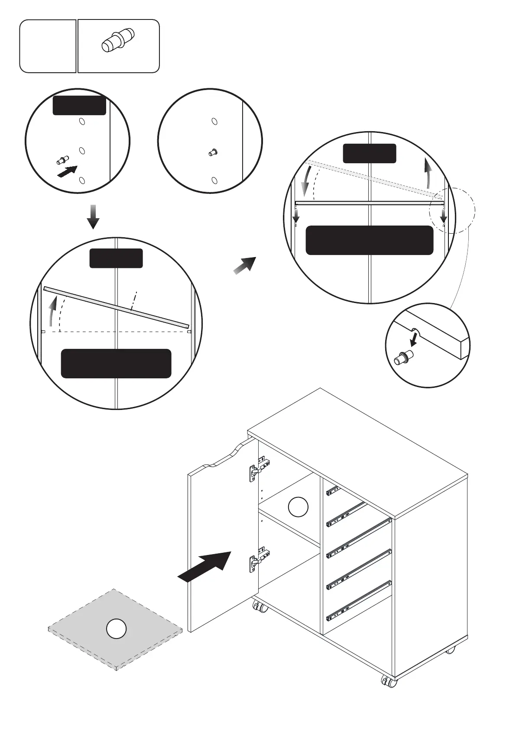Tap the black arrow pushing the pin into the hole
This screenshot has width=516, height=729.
pos(68,171)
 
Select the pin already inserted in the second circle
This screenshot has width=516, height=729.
pos(213,152)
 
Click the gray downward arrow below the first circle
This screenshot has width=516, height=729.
pos(93,217)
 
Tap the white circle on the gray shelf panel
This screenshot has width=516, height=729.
pos(116,629)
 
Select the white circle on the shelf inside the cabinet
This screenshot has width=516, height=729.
pos(298,507)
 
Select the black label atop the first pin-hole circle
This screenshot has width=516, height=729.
pos(79,106)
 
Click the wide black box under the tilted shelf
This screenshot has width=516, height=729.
pos(116,364)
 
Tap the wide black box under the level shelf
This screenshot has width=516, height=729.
pos(370,240)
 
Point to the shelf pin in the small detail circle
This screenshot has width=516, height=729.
pos(403,358)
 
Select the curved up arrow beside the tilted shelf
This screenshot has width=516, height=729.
pos(53,311)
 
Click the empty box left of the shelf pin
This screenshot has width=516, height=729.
pos(48,46)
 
